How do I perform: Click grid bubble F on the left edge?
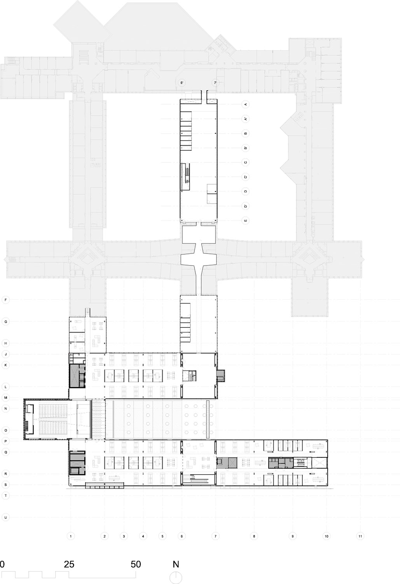point(5,300)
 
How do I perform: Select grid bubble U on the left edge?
point(5,517)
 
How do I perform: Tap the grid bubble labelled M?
point(5,398)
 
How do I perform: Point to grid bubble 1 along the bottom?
point(71,536)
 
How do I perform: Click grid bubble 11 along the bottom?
point(360,536)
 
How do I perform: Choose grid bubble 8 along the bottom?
point(254,536)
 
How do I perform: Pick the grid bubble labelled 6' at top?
point(182,83)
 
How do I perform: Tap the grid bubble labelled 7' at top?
point(215,83)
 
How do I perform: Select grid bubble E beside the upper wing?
point(245,220)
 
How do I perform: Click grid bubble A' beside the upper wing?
point(245,119)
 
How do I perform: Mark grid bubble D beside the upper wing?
point(245,191)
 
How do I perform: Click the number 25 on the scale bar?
point(69,564)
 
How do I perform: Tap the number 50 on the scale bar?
point(136,564)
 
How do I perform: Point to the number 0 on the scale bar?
point(2,564)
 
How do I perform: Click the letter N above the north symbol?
point(176,564)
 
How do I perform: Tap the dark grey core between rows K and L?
point(77,376)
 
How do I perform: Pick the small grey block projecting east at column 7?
point(221,375)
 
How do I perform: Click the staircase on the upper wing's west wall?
point(185,176)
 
